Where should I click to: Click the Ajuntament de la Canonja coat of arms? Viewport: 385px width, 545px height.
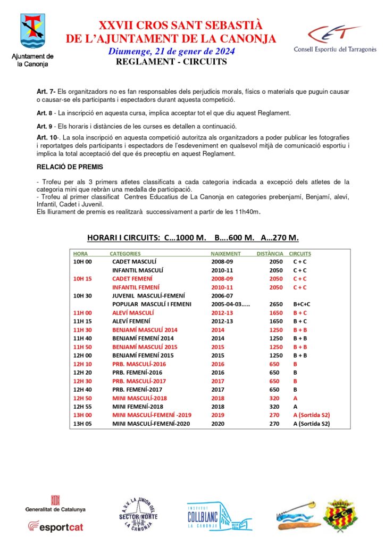tap(33, 31)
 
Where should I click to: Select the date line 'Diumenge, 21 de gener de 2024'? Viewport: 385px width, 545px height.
tap(171, 52)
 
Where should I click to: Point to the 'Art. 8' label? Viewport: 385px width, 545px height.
tap(45, 113)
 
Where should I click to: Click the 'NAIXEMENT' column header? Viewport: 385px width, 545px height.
tap(225, 254)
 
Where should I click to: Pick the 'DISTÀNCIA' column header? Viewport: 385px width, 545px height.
tap(270, 254)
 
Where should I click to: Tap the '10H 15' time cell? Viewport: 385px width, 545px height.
tap(82, 279)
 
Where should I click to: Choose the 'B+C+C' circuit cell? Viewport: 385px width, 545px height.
tap(302, 304)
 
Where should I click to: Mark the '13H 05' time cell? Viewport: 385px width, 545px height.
tap(82, 424)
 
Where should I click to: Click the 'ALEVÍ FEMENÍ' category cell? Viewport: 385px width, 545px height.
tap(131, 321)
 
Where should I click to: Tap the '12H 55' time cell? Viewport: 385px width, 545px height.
tap(82, 407)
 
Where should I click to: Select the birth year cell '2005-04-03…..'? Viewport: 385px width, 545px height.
tap(230, 304)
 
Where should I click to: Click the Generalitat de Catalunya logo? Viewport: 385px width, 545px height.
tap(55, 503)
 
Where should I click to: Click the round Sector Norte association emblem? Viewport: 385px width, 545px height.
tap(137, 513)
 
